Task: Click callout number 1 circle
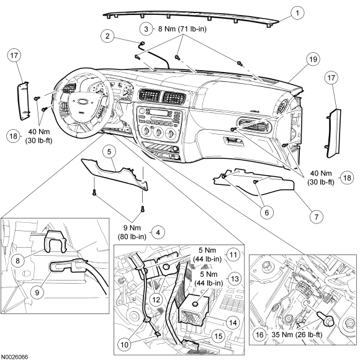pos(297,13)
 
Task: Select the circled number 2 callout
pos(107,36)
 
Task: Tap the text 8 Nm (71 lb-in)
pos(182,29)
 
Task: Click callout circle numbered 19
pos(313,60)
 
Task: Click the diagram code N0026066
pos(14,357)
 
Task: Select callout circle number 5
pos(109,151)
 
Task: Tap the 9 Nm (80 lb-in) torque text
pos(132,232)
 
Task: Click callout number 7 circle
pos(316,217)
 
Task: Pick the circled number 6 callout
pos(266,213)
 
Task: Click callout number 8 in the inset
pos(17,261)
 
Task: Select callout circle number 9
pos(37,292)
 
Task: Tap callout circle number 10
pos(124,344)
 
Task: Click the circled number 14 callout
pos(233,323)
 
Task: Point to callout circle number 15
pos(218,336)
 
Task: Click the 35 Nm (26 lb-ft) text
pos(297,335)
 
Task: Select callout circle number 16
pos(259,335)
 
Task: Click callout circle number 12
pos(156,300)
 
